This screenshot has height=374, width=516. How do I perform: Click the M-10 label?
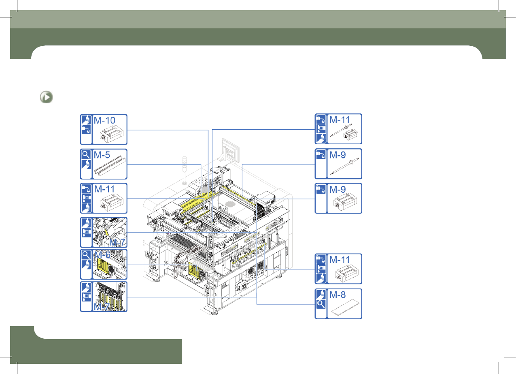coord(104,120)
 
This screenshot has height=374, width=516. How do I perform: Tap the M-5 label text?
coord(102,155)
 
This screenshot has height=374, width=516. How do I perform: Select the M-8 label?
coord(338,295)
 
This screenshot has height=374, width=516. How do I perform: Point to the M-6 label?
coord(102,255)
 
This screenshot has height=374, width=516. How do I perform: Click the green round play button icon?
coord(46,97)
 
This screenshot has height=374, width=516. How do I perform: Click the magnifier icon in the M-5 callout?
coord(86,154)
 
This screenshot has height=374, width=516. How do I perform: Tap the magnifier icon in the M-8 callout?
coord(321,304)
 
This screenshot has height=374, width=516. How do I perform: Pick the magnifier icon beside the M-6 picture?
coord(86,255)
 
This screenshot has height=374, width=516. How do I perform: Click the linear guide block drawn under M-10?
coord(111,134)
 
